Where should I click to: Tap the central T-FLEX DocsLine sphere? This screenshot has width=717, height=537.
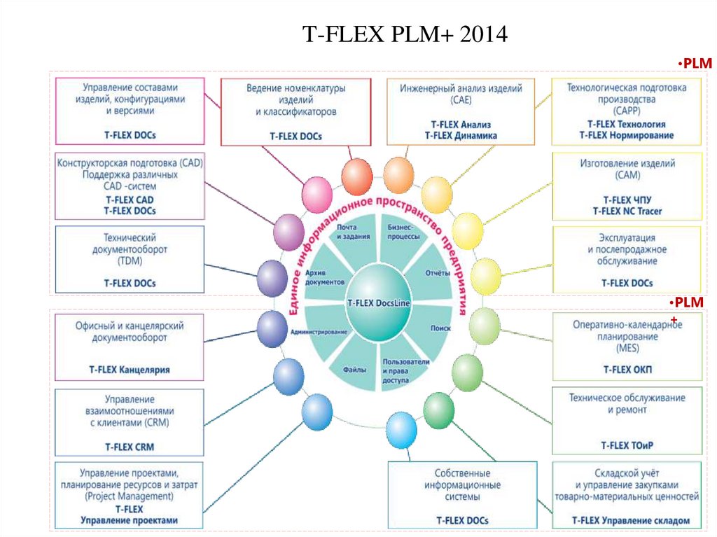tap(379, 302)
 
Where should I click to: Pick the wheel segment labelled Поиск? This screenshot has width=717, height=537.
tap(440, 328)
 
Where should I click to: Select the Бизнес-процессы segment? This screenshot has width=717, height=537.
tap(403, 232)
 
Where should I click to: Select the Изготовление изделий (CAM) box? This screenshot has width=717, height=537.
tap(627, 186)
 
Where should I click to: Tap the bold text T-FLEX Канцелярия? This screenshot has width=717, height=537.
tap(130, 369)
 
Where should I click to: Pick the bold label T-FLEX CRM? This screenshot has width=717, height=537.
tap(130, 446)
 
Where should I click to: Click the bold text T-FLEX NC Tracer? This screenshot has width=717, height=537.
tap(627, 211)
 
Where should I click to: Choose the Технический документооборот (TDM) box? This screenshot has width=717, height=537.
tap(130, 258)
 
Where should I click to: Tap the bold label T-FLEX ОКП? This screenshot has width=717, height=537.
tap(627, 369)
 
